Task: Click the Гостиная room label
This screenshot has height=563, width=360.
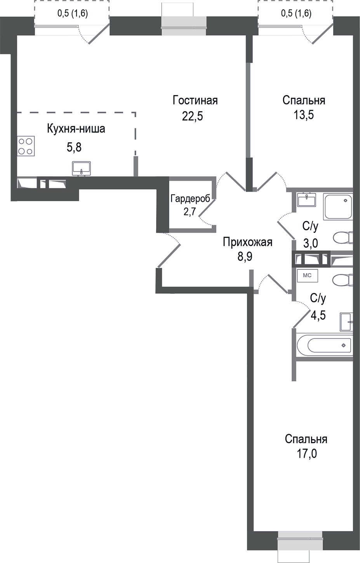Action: [x=195, y=100]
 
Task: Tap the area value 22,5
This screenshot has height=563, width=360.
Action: [x=193, y=116]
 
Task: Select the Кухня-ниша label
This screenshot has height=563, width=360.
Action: [x=76, y=129]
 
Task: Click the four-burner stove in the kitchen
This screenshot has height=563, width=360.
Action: [x=26, y=146]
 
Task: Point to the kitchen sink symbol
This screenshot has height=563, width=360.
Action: [x=81, y=168]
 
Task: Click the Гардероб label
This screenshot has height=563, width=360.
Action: [x=190, y=199]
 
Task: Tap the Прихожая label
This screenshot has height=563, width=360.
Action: [x=247, y=242]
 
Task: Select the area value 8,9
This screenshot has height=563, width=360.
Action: [x=245, y=256]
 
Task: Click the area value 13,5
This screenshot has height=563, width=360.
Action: [x=304, y=115]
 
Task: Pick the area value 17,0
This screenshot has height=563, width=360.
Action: [x=307, y=453]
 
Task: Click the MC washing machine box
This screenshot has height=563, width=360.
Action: [x=307, y=275]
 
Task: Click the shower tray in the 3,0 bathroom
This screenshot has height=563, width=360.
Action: [x=338, y=207]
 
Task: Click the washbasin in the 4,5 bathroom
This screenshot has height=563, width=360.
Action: [x=346, y=322]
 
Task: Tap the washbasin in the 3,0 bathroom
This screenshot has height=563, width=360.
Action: [x=307, y=200]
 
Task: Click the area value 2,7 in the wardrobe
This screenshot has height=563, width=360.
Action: [x=190, y=211]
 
